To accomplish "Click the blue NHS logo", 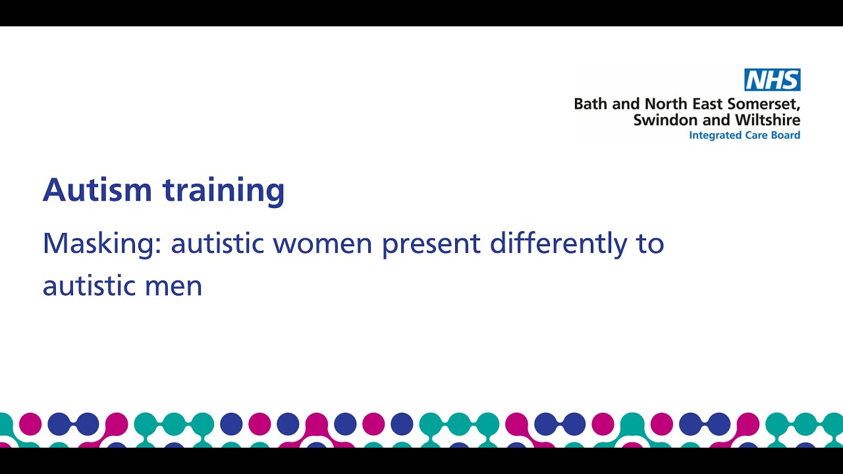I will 772,80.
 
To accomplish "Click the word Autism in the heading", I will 97,190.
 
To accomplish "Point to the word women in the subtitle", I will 323,244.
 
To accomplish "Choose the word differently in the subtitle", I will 558,244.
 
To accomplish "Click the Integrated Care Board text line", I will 744,135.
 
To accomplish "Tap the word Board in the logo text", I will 786,135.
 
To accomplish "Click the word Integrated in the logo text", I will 714,136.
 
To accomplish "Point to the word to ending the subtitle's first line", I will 651,244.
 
